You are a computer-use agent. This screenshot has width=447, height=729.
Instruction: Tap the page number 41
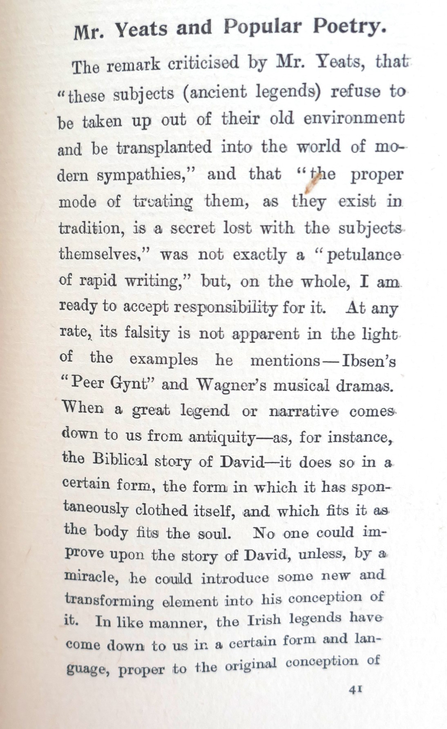click(x=355, y=689)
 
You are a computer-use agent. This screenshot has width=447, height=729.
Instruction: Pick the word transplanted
click(x=164, y=147)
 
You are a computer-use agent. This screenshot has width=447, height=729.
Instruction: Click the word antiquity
click(x=222, y=438)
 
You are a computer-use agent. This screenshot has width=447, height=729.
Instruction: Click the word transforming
click(x=109, y=600)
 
